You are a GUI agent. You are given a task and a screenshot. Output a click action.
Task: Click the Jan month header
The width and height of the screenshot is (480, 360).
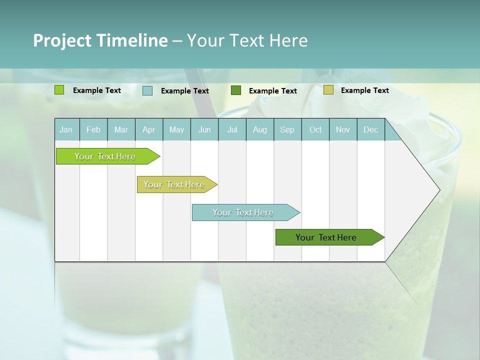66,130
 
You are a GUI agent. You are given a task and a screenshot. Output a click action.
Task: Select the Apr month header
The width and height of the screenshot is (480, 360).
148,130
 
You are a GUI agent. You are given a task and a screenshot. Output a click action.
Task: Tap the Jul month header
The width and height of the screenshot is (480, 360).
232,130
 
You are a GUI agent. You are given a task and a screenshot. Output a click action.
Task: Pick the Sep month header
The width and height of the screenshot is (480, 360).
287,130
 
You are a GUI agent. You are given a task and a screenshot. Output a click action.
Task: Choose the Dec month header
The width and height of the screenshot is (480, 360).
370,130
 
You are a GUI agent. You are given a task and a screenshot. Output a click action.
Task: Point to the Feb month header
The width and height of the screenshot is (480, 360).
93,130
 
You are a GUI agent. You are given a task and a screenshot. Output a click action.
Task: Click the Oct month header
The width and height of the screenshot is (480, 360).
315,130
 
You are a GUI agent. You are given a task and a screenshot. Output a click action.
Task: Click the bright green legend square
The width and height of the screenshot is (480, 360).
59,90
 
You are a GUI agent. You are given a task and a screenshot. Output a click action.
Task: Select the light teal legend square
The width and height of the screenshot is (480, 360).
147,90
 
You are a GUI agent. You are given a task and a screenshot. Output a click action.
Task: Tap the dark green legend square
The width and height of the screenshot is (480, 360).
236,90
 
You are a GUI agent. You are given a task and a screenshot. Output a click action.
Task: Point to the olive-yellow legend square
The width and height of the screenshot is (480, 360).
328,90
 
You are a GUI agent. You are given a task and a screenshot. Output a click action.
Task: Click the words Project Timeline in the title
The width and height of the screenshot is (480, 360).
100,40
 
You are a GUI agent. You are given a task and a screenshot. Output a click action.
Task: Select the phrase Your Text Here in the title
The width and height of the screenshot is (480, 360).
247,40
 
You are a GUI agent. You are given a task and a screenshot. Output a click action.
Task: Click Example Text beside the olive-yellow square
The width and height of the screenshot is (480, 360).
364,90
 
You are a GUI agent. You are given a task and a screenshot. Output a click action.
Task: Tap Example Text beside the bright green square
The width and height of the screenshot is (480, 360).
97,90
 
